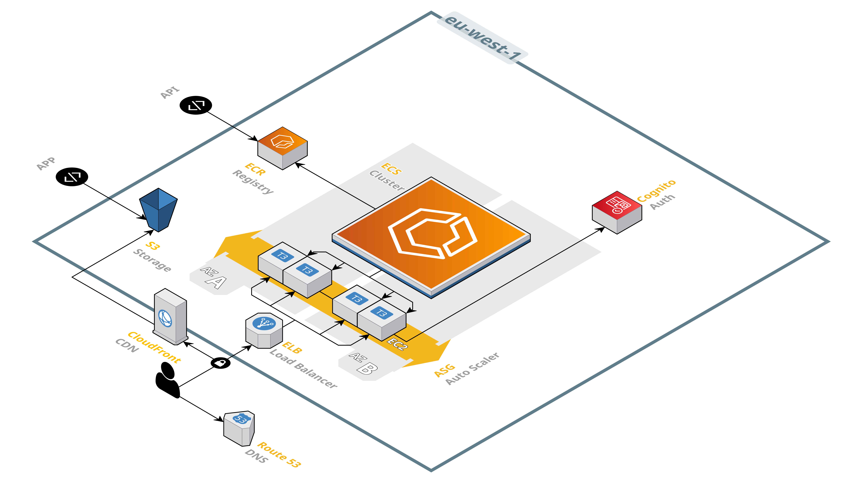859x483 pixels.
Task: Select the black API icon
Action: point(196,105)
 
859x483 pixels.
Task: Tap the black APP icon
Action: point(72,177)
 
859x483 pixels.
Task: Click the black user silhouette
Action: point(167,380)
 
